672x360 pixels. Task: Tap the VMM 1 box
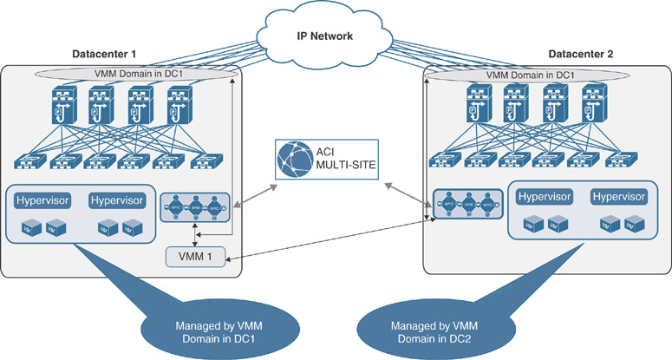(200, 258)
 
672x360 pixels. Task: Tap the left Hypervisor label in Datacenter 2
(546, 196)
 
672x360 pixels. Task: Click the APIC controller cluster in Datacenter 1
(196, 209)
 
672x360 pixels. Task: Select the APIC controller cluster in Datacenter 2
(467, 205)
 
